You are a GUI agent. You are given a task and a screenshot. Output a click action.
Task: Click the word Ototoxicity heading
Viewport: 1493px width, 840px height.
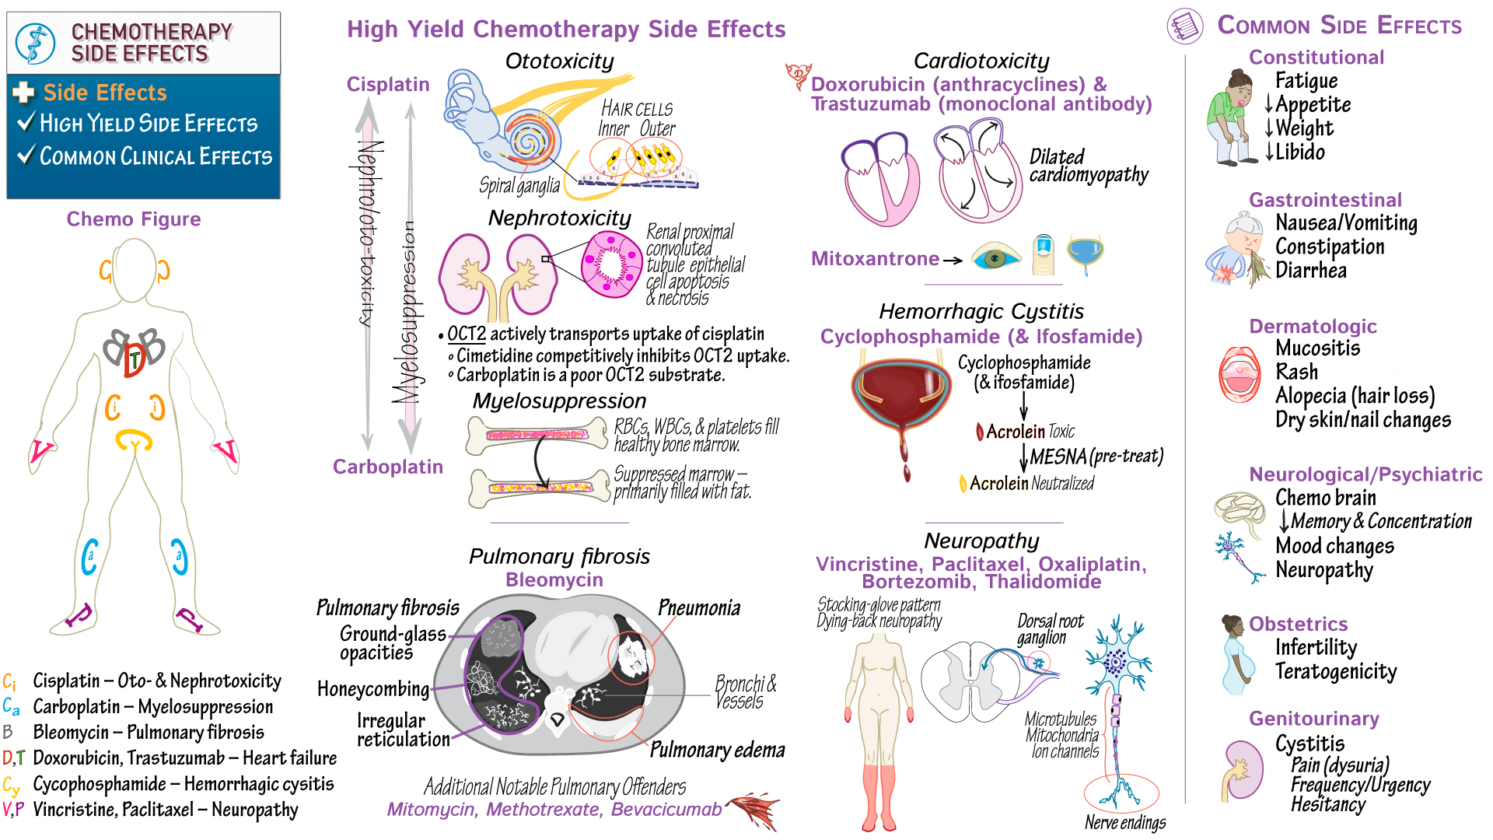pos(559,61)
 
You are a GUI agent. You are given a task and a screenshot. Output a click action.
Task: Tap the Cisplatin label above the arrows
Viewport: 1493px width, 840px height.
pos(387,84)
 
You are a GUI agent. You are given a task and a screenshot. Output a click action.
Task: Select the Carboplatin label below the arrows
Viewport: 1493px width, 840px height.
pos(387,467)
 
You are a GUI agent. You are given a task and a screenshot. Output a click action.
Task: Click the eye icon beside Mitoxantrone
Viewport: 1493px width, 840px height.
pos(996,256)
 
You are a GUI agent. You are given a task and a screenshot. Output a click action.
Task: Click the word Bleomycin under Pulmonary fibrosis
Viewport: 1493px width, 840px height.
pos(554,579)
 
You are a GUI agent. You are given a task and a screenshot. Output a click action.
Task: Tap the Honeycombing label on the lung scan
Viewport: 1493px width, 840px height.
pos(372,688)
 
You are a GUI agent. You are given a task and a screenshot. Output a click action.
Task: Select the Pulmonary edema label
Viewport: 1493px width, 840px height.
pos(717,749)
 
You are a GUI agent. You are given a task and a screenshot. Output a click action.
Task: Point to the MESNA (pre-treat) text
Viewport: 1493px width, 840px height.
pos(1096,456)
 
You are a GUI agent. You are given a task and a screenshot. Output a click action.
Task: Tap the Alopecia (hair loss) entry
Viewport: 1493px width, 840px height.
pos(1355,395)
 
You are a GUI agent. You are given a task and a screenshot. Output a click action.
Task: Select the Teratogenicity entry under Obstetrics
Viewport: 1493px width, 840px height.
pos(1335,671)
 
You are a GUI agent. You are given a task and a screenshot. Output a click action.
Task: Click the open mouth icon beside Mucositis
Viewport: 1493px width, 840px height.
pos(1240,374)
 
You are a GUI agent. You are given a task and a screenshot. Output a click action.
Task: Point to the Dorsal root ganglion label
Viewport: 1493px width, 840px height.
pos(1049,628)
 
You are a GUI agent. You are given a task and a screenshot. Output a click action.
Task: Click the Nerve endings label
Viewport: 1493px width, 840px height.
pos(1124,822)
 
